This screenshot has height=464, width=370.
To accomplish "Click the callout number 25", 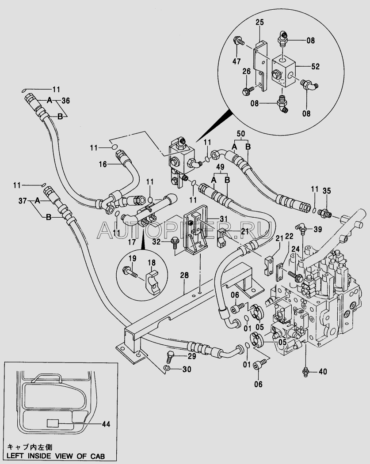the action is [259, 23].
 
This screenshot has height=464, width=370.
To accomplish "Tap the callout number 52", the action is [316, 66].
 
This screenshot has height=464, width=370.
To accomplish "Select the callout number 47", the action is [236, 61].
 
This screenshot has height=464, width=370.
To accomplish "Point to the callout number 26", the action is [247, 72].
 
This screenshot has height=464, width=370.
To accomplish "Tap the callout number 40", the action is [323, 371].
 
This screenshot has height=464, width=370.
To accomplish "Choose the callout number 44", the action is [106, 424].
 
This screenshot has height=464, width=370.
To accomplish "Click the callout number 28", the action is [184, 275].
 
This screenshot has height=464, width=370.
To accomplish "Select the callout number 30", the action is [187, 369].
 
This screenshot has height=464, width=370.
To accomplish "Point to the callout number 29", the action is [192, 356].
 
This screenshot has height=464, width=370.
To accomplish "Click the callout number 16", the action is [103, 164].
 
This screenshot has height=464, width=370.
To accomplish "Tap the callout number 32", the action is [157, 242].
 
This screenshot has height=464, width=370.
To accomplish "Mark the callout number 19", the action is [133, 258].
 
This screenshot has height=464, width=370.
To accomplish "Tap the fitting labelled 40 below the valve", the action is [305, 372].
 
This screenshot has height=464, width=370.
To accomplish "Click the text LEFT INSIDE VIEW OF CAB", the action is [56, 456].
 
